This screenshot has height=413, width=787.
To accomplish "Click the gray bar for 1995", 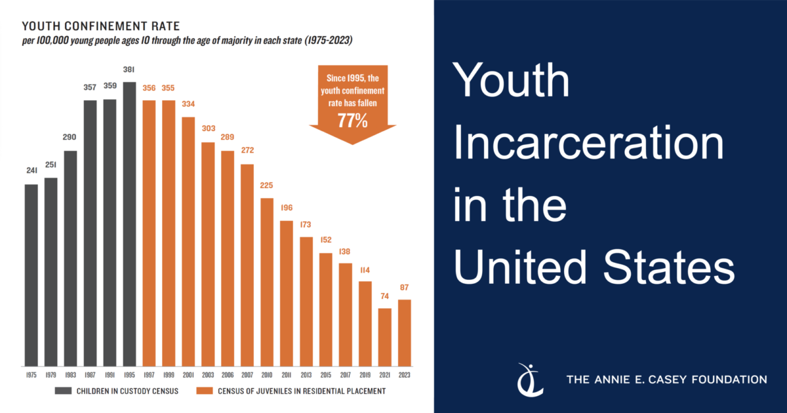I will [129, 224].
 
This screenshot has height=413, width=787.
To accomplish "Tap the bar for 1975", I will [31, 275].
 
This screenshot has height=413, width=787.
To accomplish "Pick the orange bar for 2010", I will [267, 281].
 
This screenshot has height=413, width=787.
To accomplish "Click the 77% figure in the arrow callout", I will [352, 120].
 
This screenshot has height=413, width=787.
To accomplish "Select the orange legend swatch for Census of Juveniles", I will [203, 391].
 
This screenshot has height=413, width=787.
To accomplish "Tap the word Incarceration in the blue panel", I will [589, 144].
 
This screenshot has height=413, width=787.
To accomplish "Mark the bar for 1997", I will [149, 233].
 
